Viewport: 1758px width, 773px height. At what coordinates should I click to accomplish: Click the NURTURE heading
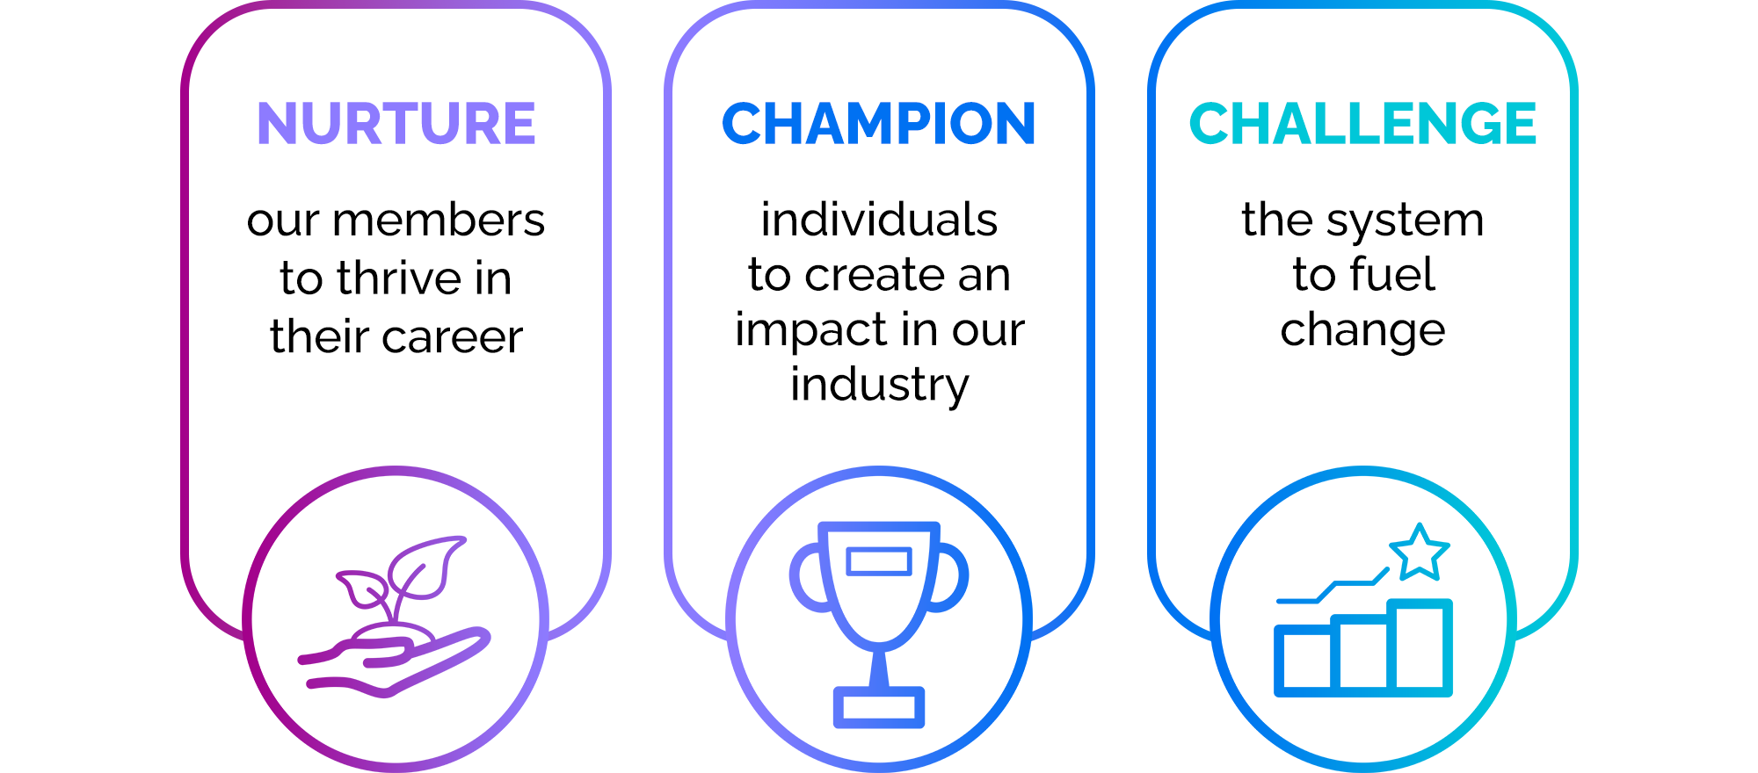coord(396,123)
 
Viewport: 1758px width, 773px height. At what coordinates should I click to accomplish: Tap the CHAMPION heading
coord(879,123)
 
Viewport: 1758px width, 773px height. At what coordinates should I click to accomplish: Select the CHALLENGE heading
coord(1362,123)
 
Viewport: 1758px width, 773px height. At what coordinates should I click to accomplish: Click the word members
coord(439,220)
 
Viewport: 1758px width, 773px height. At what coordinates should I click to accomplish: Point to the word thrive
coord(400,278)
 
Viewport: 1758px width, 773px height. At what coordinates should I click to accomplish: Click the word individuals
coord(879,220)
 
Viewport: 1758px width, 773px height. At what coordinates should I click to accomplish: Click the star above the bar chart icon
coord(1419,553)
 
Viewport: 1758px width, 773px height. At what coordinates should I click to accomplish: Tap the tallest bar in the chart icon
coord(1420,647)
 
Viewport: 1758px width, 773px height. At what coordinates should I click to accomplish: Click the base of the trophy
coord(879,707)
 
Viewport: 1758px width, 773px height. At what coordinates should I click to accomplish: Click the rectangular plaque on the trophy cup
coord(879,561)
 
